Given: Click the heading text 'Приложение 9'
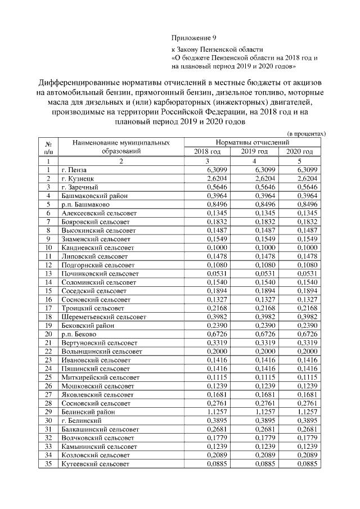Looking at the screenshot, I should [x=193, y=38].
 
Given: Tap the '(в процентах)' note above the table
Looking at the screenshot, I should [x=306, y=134].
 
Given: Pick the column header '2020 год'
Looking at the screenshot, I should [x=299, y=152].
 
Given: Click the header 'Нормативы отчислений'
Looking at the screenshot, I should [x=253, y=143].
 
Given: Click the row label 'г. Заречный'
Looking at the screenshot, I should [x=80, y=187].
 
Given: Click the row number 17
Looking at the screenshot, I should [x=49, y=308].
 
